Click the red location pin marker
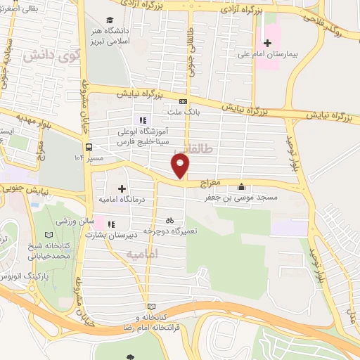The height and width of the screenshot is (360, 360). [x=181, y=167]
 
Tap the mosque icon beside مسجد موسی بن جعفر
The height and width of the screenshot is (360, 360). [x=243, y=187]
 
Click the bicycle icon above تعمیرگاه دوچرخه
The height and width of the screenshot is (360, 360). [x=169, y=220]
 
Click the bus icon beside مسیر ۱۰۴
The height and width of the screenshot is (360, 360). [x=89, y=147]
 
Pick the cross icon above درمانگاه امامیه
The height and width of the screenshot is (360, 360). [x=122, y=188]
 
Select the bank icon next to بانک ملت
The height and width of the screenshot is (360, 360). [x=183, y=101]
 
